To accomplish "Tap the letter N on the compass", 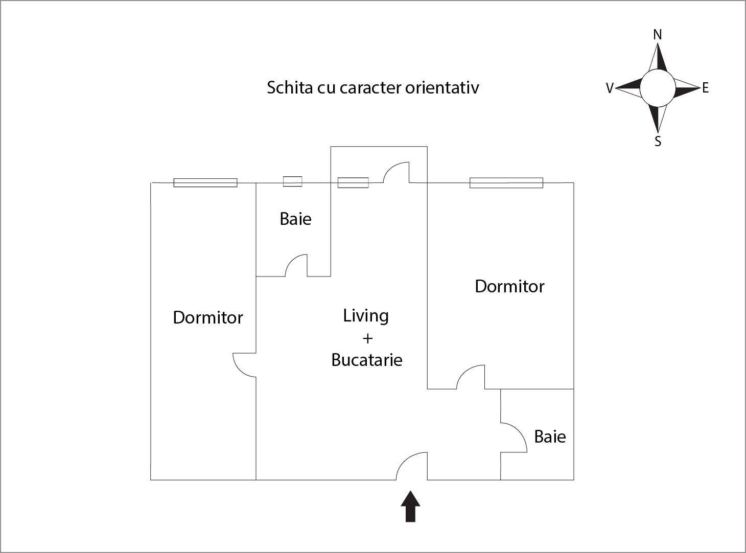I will tap(658, 34).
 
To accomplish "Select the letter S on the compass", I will tap(658, 142).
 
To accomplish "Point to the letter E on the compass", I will tap(706, 88).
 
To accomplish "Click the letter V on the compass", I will tap(609, 88).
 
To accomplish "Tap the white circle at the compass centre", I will tap(658, 87).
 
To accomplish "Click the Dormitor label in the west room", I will tap(208, 317).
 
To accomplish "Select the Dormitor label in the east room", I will tap(509, 286).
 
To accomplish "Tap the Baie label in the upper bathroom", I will tap(295, 219).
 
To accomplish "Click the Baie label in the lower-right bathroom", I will tap(550, 436).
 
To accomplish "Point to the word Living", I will tap(366, 316).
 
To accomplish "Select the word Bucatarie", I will tap(367, 360).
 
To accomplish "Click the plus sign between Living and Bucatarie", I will tap(367, 338).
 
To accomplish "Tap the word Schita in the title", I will tap(289, 87).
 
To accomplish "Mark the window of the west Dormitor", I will tap(205, 182).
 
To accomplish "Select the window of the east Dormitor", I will tap(506, 182).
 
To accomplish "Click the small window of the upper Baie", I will tap(293, 181).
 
